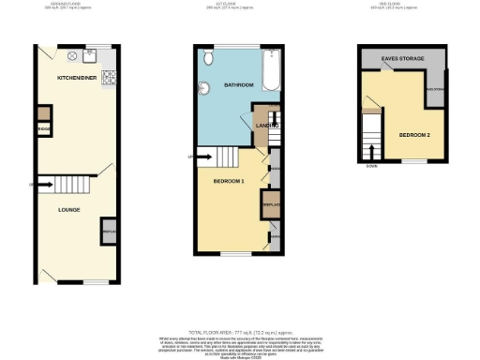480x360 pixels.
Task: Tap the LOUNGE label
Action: (69, 210)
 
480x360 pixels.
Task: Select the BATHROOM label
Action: (239, 85)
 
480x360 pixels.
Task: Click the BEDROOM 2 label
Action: (413, 135)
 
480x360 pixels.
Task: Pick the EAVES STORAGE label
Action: (403, 59)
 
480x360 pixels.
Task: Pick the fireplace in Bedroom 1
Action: (270, 204)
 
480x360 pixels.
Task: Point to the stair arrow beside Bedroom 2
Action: (374, 149)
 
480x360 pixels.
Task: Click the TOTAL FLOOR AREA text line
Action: (238, 333)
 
